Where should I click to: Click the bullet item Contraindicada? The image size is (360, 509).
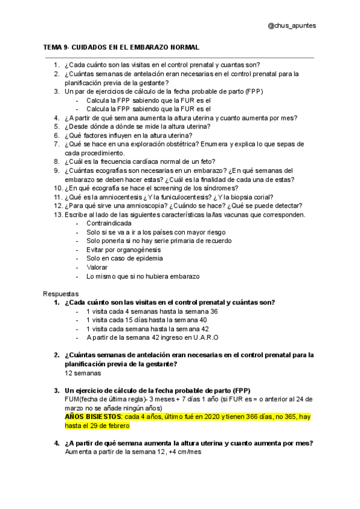click(x=109, y=223)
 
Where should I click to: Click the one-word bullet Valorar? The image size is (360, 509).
click(x=98, y=267)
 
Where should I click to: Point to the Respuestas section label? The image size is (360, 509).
click(x=61, y=294)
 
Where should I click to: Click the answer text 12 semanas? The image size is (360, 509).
click(x=83, y=373)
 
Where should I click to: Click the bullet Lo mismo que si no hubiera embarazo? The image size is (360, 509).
click(x=143, y=276)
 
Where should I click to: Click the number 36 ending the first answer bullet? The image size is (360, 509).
click(x=214, y=312)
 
